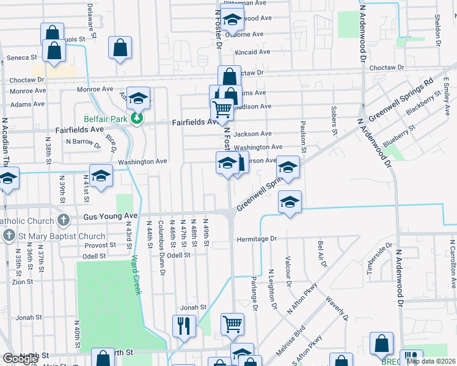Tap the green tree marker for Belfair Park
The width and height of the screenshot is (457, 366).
click(139, 119)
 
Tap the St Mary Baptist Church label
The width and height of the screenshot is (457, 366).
click(53, 236)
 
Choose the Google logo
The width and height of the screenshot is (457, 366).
click(20, 358)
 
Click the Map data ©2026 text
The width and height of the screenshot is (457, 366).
click(430, 361)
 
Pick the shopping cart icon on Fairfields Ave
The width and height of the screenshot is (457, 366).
click(222, 110)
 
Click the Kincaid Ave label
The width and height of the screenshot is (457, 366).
click(252, 52)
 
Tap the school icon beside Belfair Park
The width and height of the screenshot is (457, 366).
click(139, 98)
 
